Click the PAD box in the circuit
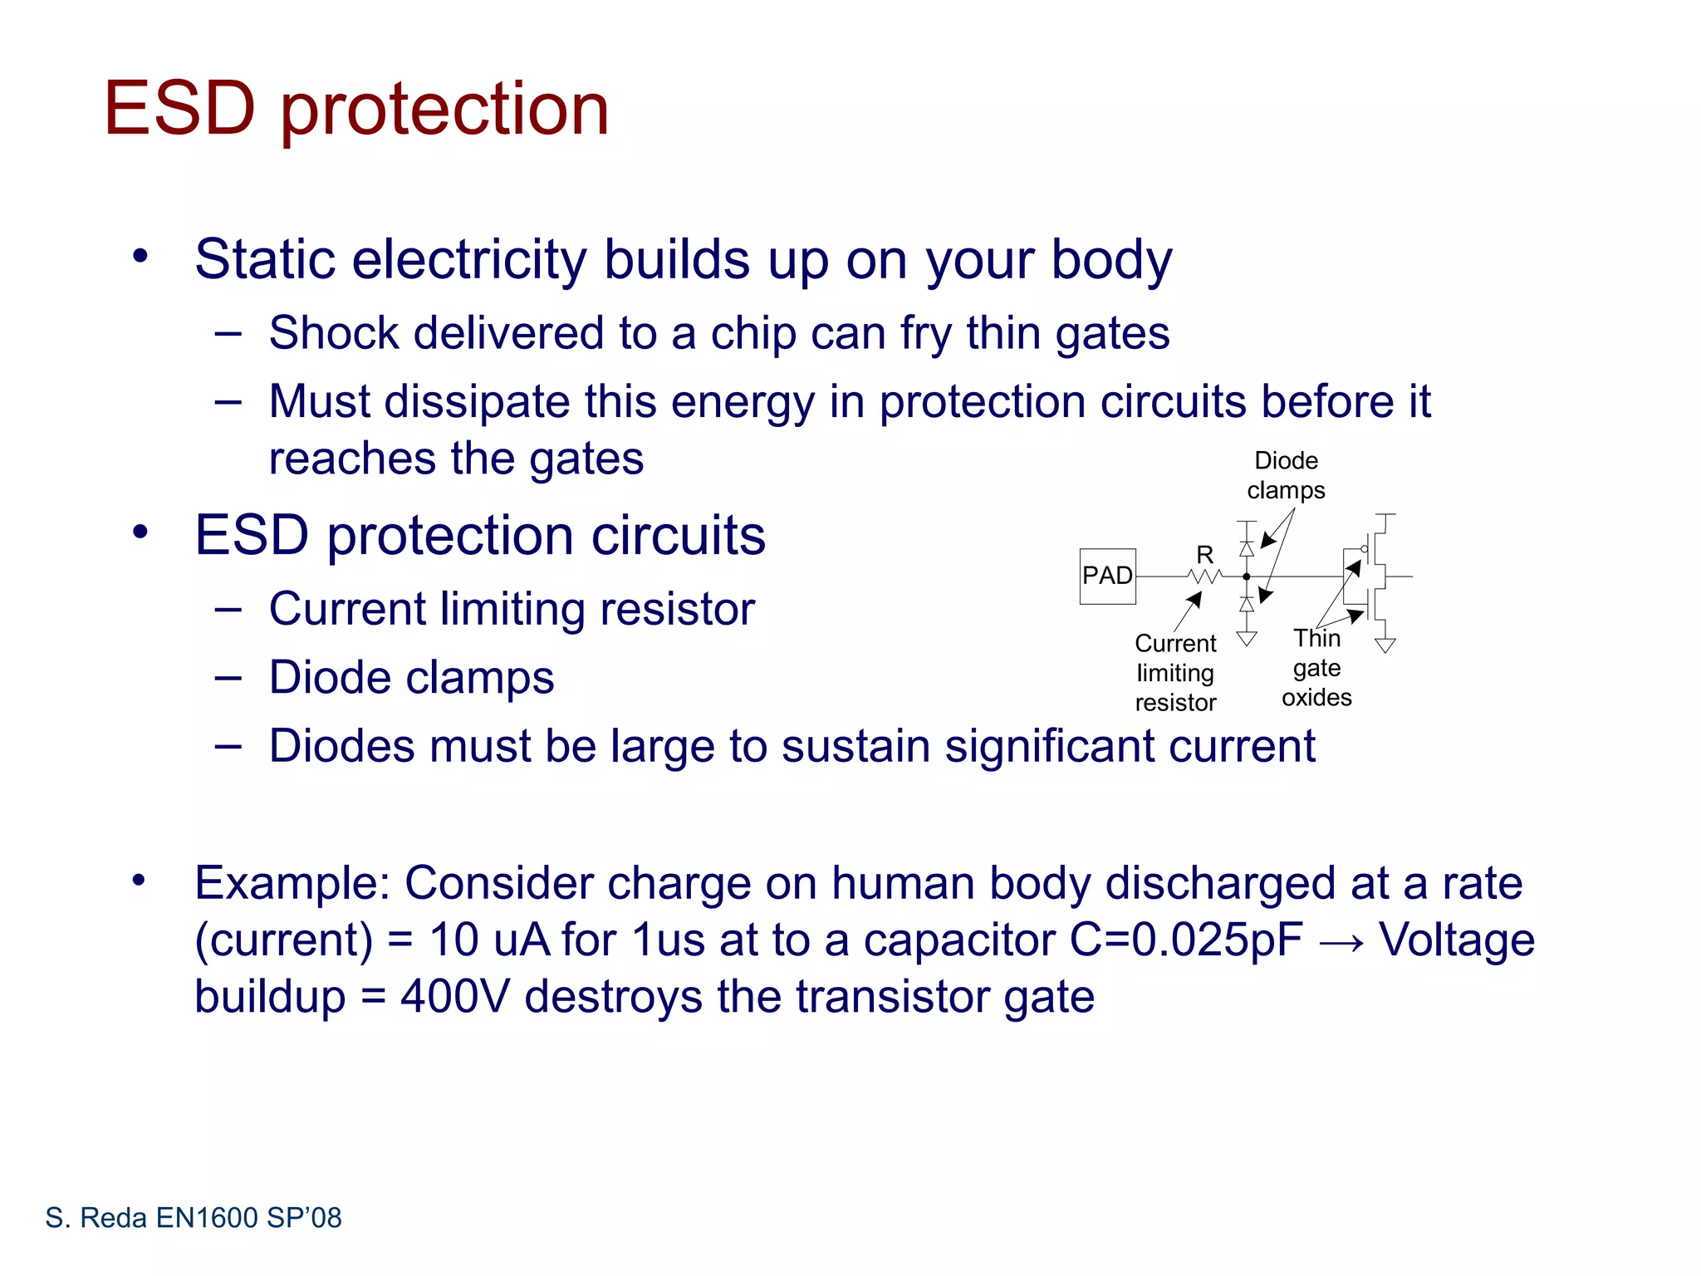[x=1107, y=576]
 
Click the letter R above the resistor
[x=1204, y=554]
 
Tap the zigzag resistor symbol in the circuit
[x=1205, y=576]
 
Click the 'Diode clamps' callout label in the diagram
[x=1286, y=475]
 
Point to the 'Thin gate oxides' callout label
[x=1316, y=668]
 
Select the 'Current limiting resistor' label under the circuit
[x=1175, y=673]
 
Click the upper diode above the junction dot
[x=1247, y=549]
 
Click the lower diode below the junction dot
[x=1247, y=604]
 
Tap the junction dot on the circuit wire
[x=1247, y=577]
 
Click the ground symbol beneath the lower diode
[x=1247, y=638]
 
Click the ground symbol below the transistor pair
[x=1385, y=645]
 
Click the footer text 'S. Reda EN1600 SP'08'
[x=194, y=1218]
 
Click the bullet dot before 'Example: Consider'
[x=139, y=880]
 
